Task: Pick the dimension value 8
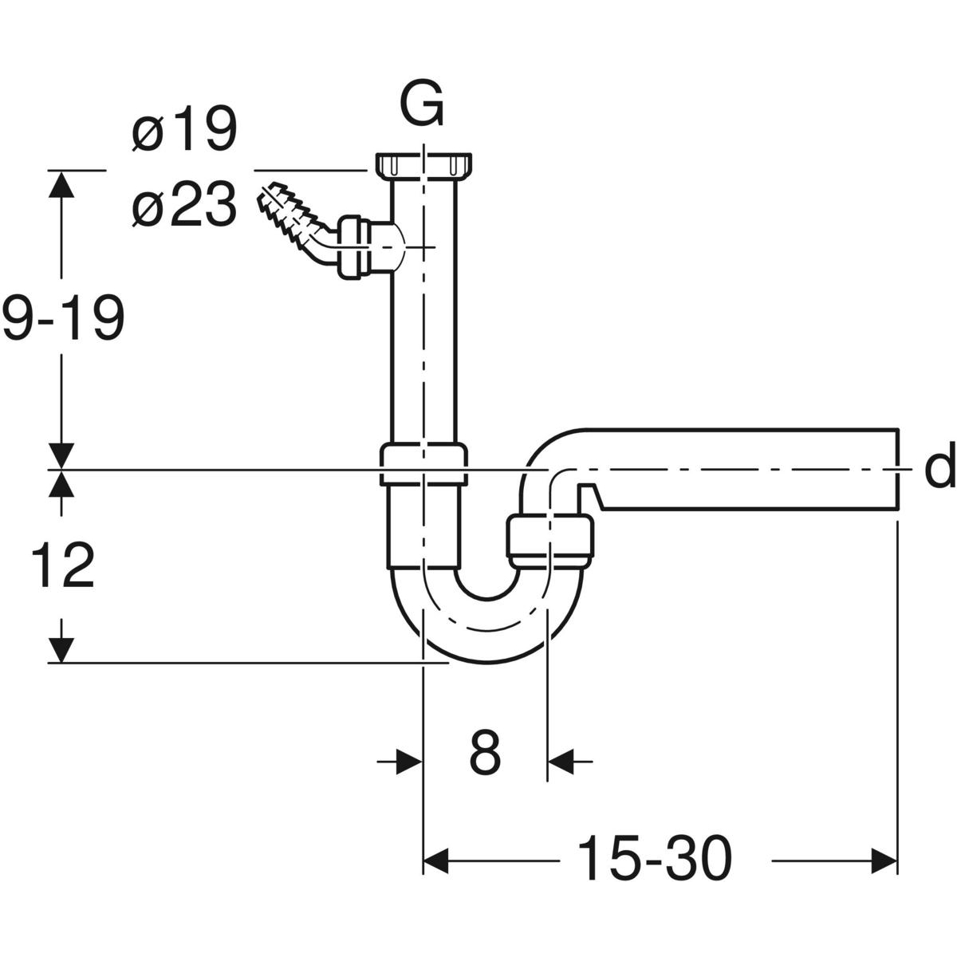pyautogui.click(x=484, y=751)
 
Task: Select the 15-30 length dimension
pyautogui.click(x=653, y=859)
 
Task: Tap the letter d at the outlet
pyautogui.click(x=939, y=470)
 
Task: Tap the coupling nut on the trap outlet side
pyautogui.click(x=550, y=542)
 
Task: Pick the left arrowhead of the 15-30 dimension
pyautogui.click(x=436, y=860)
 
